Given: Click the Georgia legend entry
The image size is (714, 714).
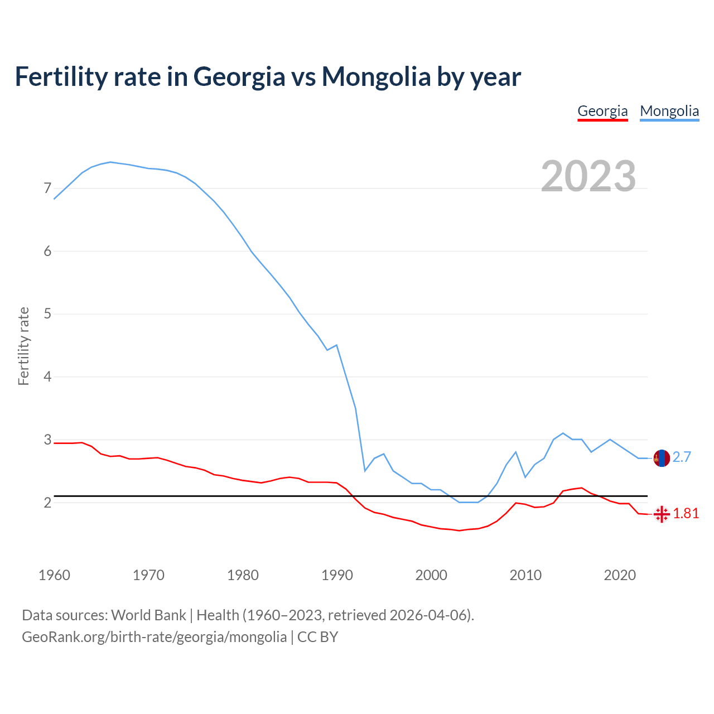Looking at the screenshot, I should [x=602, y=111].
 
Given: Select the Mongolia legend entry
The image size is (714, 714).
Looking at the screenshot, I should [x=669, y=111].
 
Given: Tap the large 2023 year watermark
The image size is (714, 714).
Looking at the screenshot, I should [x=588, y=176].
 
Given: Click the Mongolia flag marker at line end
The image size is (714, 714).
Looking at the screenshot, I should [x=661, y=458].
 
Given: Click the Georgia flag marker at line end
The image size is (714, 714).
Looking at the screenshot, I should [x=661, y=514].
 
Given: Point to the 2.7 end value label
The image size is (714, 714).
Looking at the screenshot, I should [x=682, y=457].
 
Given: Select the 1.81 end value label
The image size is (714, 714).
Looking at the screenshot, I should [x=686, y=514].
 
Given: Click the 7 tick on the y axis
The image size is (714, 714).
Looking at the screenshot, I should [x=47, y=189].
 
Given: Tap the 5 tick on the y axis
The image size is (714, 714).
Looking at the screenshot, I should [x=47, y=314].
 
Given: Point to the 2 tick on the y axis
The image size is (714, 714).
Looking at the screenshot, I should [x=47, y=503].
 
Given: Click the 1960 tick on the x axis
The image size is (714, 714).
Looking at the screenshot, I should [x=54, y=575].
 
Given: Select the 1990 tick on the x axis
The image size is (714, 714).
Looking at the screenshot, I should [x=337, y=575].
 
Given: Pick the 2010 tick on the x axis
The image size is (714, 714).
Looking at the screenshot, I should [x=525, y=575].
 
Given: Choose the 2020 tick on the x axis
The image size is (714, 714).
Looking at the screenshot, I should [x=620, y=575].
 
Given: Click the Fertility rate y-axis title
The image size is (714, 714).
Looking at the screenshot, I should [x=23, y=346].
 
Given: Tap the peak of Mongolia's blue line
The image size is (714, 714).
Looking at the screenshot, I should [x=110, y=162].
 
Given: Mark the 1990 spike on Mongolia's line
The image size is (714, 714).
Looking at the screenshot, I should [x=336, y=345].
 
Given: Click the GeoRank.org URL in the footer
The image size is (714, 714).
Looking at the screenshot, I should [x=154, y=637].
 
